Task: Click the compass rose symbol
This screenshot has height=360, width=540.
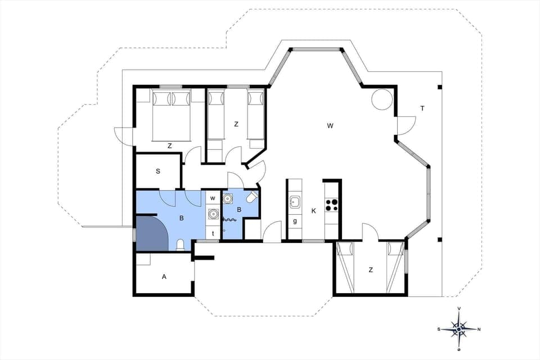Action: point(459,328)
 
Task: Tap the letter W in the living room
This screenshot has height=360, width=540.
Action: point(330,125)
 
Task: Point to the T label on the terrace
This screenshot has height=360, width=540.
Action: point(422,109)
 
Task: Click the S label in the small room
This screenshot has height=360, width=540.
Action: point(158,170)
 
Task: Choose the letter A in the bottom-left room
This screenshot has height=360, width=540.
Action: point(164,276)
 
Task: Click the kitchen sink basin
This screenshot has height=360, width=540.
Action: point(295,202)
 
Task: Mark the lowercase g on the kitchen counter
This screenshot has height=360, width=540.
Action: point(295,220)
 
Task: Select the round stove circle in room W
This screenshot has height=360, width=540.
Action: point(381,99)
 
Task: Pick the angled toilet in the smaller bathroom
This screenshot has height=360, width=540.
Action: point(251,198)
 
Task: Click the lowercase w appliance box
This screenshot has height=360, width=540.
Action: point(213,197)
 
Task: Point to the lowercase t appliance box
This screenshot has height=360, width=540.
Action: point(213,232)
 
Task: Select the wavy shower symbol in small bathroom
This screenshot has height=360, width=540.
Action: point(229,220)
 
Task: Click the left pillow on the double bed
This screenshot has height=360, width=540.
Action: point(161,98)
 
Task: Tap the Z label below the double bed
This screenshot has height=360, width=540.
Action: point(169,146)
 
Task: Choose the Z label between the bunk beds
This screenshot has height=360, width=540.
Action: point(236,124)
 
